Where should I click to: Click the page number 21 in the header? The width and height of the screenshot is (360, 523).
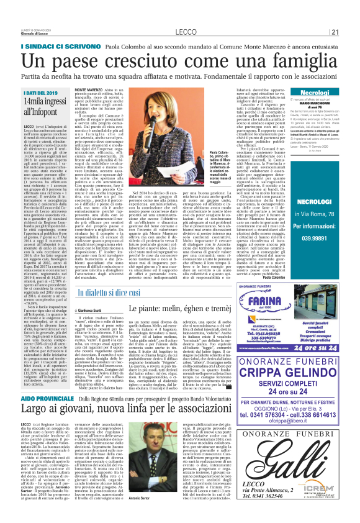pos(334,32)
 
